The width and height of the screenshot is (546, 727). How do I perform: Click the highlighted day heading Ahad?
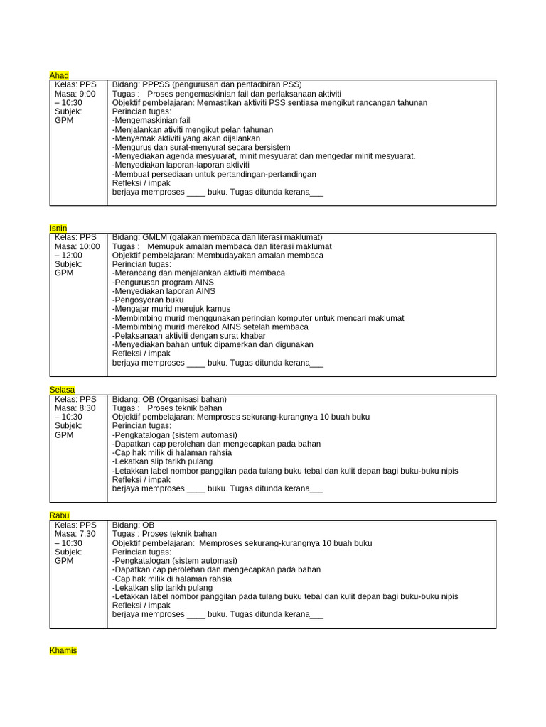(59, 75)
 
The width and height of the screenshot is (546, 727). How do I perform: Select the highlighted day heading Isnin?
(58, 228)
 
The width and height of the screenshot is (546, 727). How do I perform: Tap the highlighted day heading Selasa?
(62, 390)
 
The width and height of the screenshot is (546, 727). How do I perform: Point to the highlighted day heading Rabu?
(60, 515)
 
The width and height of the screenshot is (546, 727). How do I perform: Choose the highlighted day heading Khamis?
(63, 650)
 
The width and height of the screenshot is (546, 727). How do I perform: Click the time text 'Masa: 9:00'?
(75, 93)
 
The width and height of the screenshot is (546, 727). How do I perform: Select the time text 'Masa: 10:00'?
(77, 246)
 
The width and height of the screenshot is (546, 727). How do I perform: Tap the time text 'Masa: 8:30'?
(75, 408)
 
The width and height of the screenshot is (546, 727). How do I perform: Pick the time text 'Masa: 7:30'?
(75, 533)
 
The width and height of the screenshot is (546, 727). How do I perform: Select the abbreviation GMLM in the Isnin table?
(155, 237)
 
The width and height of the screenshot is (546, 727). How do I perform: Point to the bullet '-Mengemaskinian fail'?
(151, 120)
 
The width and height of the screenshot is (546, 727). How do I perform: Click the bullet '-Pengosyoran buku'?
(147, 300)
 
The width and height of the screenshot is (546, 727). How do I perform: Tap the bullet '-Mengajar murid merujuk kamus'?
(173, 309)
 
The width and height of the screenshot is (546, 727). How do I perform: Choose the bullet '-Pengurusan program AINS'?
(163, 282)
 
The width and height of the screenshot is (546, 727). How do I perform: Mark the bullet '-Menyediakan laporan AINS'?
(164, 291)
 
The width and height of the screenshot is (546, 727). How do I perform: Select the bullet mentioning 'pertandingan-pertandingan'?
(214, 174)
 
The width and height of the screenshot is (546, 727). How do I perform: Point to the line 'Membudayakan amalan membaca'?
(257, 255)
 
